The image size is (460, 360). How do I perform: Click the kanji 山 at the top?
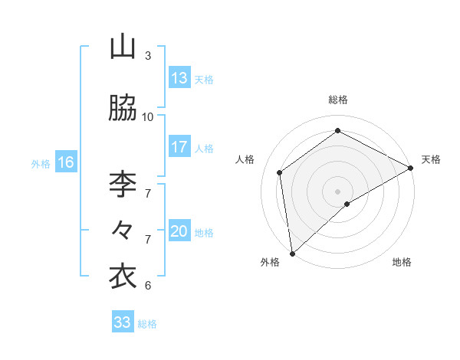pos(123,47)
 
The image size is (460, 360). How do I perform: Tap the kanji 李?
pos(123,183)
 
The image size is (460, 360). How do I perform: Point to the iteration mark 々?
pos(123,229)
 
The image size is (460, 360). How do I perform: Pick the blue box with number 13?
pos(179,78)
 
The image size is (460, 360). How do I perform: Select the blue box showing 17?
pos(179,147)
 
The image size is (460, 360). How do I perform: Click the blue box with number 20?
pos(179,232)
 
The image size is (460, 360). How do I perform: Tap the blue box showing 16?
pos(65,162)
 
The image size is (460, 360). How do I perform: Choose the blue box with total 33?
pos(123,322)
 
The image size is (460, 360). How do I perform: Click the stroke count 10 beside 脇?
pos(148,116)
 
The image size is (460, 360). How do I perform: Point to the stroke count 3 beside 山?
pos(148,55)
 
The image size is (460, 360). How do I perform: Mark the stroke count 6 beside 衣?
pos(148,285)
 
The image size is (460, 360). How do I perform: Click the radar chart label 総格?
pos(338,100)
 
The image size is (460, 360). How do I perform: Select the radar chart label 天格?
pos(431,159)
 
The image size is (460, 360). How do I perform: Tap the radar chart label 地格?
pos(402,262)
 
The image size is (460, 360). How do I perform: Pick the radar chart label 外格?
pos(270,262)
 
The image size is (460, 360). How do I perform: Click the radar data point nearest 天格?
pos(411,168)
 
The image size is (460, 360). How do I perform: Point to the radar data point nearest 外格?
pos(292,253)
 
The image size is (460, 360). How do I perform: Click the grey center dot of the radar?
pos(338,191)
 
